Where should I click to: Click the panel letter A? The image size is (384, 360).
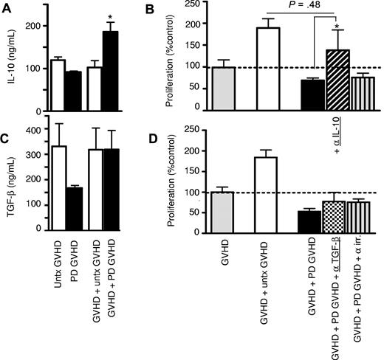[7, 9]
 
